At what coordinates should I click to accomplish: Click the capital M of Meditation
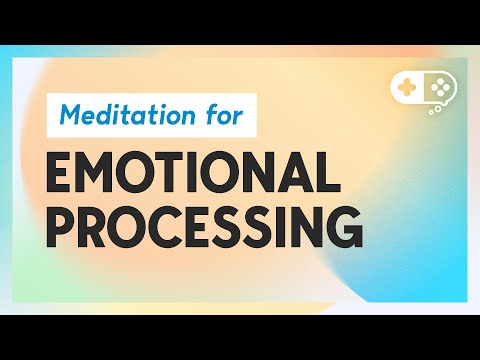coord(70,114)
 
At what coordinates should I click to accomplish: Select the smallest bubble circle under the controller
coord(430,113)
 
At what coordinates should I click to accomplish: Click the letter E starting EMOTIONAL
coord(60,174)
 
